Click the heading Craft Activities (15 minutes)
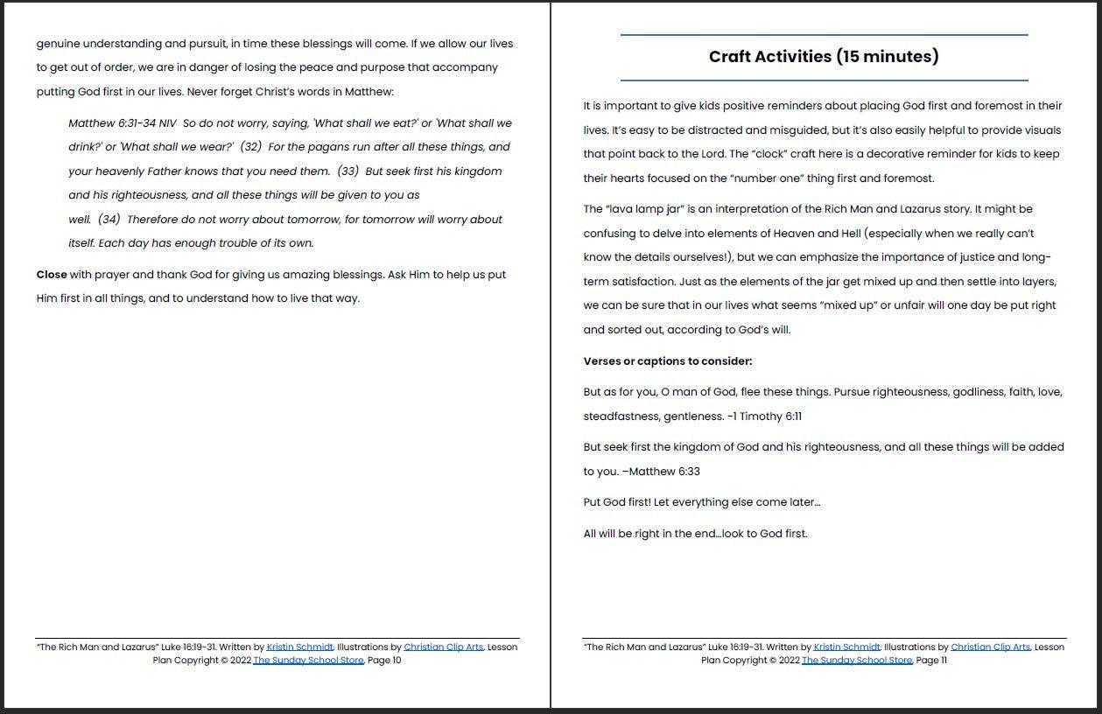click(824, 57)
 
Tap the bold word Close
click(52, 275)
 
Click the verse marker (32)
click(250, 147)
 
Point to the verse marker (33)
click(347, 171)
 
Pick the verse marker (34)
click(109, 220)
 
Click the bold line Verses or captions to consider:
click(668, 361)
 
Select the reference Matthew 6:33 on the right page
click(664, 472)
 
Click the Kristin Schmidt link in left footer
click(300, 647)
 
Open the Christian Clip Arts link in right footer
click(991, 647)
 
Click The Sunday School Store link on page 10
click(308, 661)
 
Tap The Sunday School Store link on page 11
click(857, 661)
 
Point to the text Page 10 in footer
click(384, 661)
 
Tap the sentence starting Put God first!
click(701, 502)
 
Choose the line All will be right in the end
click(695, 534)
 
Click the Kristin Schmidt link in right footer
click(847, 647)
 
